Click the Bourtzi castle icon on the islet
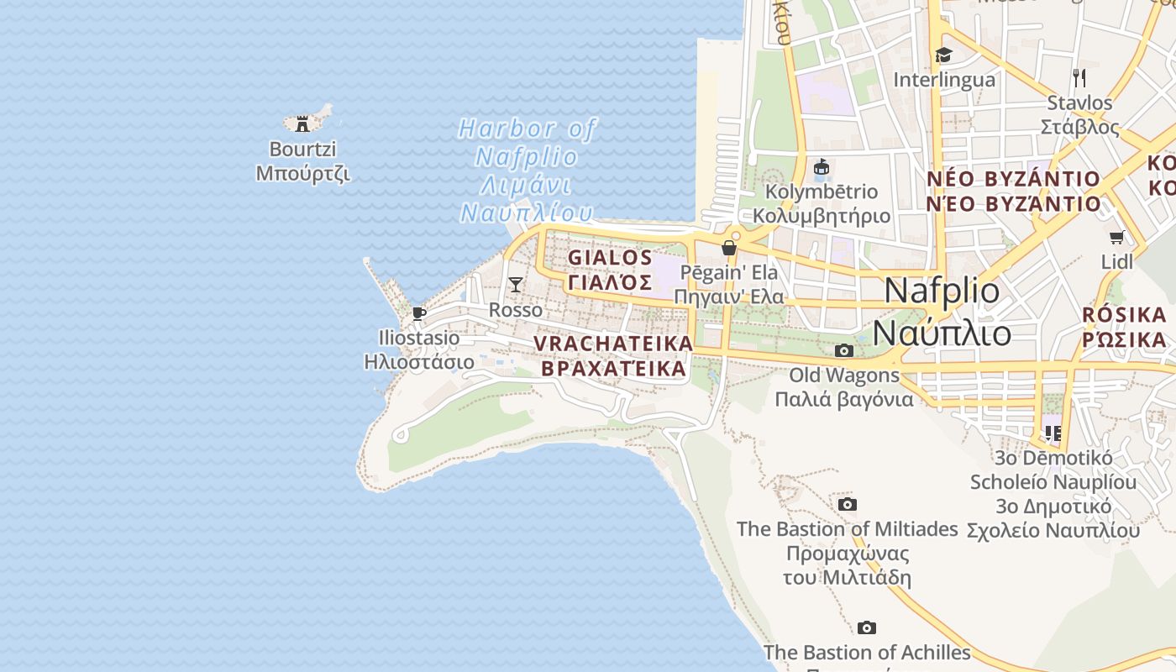(302, 124)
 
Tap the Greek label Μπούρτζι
(302, 174)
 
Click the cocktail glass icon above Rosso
(516, 285)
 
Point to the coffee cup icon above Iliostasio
(419, 314)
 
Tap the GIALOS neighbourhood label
(610, 258)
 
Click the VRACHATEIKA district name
(613, 344)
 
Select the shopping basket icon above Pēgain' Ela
(729, 248)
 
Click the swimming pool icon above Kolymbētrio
(822, 167)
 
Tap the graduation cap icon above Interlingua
(943, 55)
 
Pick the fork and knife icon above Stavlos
(1079, 78)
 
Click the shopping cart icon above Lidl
(1116, 238)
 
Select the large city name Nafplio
(942, 291)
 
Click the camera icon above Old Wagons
(843, 350)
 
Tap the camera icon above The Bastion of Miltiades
(848, 504)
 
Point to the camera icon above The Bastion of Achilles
(867, 627)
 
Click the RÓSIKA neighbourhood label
(1124, 315)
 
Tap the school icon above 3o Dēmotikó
(1053, 433)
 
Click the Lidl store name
(1116, 262)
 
